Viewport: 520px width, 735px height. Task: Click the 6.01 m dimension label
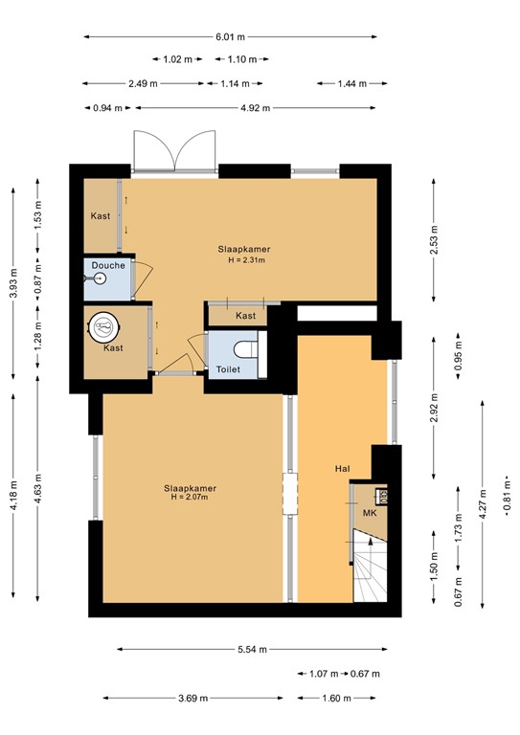(x=230, y=36)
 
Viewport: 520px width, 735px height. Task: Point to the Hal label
(x=341, y=469)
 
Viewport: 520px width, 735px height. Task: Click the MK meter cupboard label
(x=368, y=514)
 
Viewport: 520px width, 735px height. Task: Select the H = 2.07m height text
(x=189, y=497)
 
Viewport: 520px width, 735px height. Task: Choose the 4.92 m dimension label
(x=254, y=107)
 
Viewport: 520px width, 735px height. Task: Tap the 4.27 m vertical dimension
(x=481, y=501)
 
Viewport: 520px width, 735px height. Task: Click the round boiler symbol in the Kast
(x=103, y=326)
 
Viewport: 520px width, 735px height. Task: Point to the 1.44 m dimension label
(x=351, y=83)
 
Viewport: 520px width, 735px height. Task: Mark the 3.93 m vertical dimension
(x=11, y=283)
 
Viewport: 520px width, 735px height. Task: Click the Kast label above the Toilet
(x=246, y=315)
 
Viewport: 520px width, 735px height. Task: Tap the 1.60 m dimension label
(x=337, y=698)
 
